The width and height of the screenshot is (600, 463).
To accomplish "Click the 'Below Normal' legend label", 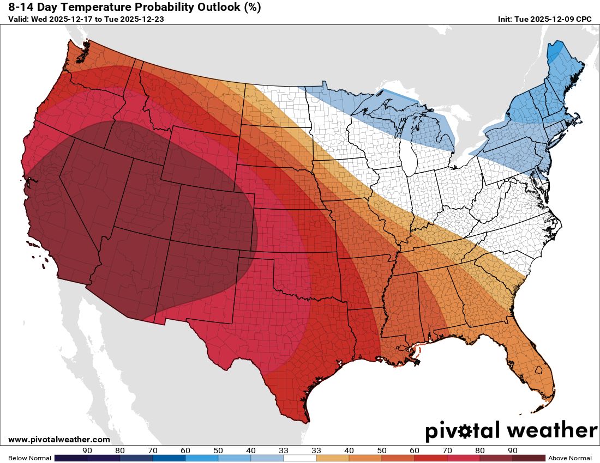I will (29, 458).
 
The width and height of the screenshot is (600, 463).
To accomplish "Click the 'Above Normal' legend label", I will (570, 458).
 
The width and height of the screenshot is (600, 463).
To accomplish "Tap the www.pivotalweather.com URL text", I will (59, 440).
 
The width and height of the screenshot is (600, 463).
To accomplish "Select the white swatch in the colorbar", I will (299, 458).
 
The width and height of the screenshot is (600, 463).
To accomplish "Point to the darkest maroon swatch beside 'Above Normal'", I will (529, 458).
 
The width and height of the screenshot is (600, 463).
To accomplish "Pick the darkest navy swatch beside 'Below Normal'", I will (71, 458).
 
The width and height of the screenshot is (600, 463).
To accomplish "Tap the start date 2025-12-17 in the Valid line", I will (71, 19).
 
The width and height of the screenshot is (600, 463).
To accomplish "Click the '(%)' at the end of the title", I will (251, 7).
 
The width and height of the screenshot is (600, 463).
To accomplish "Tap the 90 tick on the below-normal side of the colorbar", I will (87, 450).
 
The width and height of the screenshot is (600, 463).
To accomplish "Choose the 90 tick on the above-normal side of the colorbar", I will (512, 450).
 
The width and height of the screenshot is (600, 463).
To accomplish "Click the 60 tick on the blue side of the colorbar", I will (185, 450).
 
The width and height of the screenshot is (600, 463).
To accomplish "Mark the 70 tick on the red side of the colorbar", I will (447, 450).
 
